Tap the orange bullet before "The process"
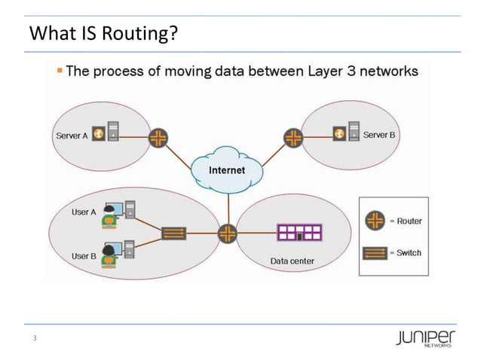click(60, 71)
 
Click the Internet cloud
click(227, 170)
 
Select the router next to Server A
click(158, 137)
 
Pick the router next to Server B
click(293, 136)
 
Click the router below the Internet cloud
click(227, 233)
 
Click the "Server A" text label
click(72, 136)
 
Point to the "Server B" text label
click(379, 135)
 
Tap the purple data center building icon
click(299, 233)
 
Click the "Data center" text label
click(292, 261)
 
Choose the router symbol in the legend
click(375, 221)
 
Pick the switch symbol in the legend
click(375, 253)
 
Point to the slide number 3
click(33, 338)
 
